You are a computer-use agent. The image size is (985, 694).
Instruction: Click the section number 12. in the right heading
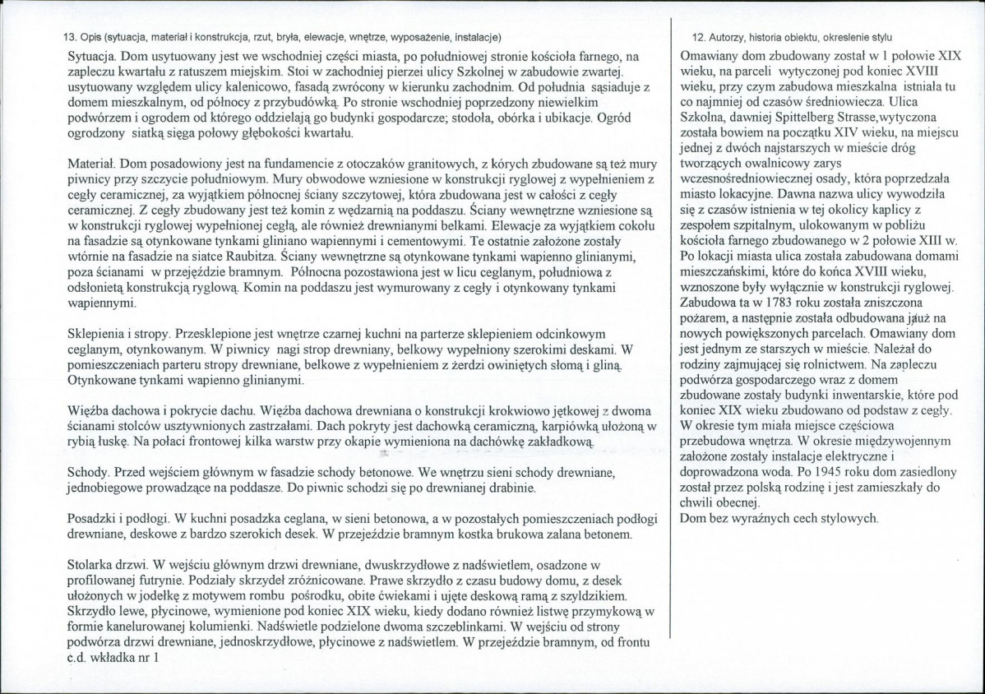pos(699,38)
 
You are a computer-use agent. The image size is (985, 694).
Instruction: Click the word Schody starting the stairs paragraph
pos(87,474)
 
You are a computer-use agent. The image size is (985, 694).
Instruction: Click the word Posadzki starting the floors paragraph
pos(92,520)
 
